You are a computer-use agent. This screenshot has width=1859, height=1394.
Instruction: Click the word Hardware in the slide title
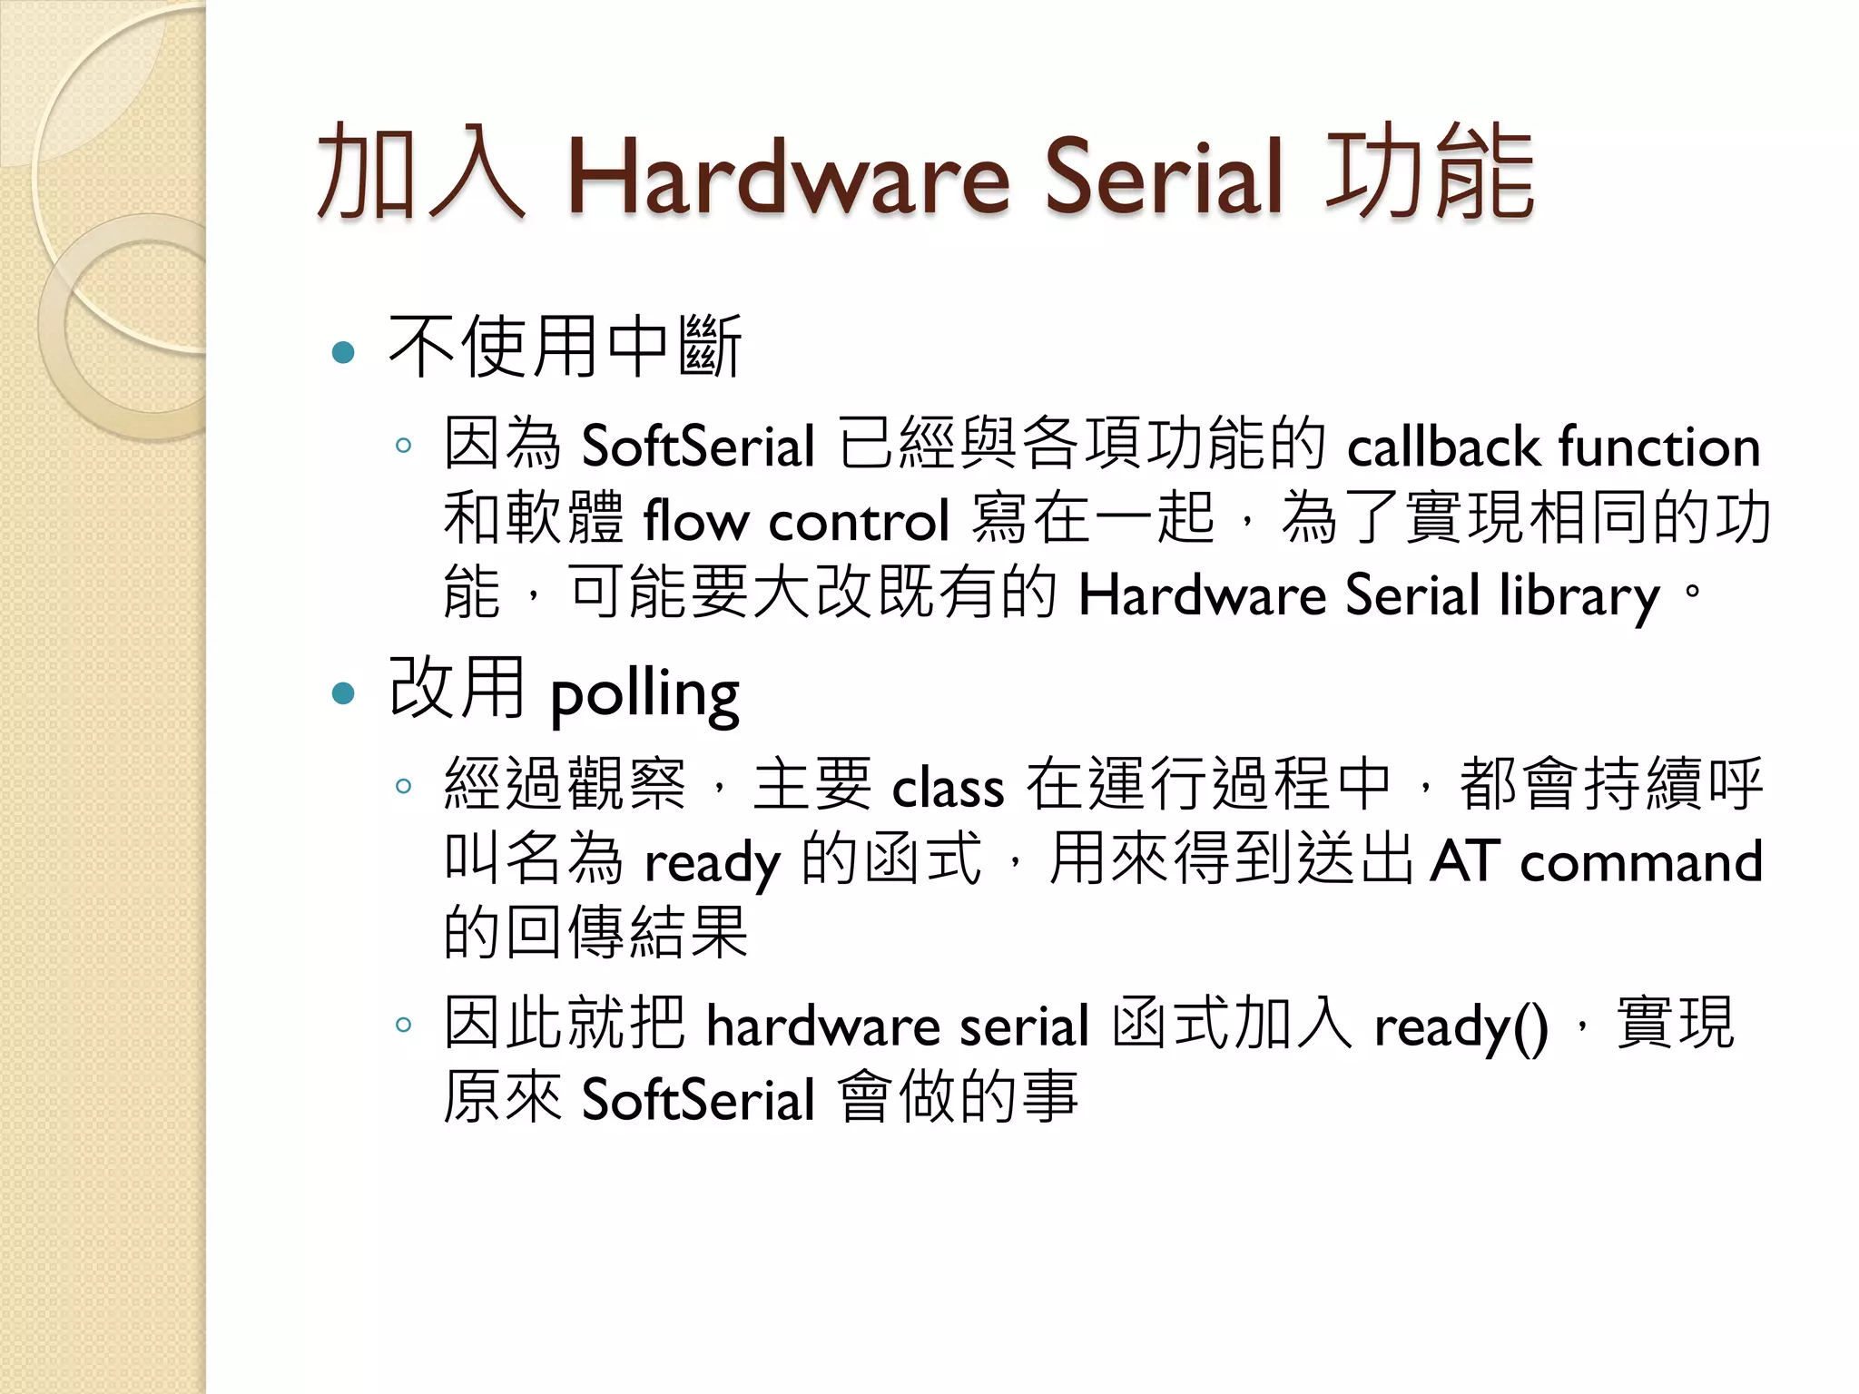(788, 177)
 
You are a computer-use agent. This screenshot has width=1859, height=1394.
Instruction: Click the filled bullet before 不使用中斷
(343, 352)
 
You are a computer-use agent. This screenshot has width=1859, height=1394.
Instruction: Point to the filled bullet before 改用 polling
(343, 694)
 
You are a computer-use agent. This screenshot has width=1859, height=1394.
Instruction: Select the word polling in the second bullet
(644, 696)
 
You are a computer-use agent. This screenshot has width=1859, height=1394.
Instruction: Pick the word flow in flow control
(695, 522)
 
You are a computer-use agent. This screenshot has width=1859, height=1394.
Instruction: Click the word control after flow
(859, 522)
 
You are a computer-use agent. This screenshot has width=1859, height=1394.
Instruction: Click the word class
(948, 788)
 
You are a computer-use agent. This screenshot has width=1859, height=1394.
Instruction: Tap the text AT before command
(1464, 861)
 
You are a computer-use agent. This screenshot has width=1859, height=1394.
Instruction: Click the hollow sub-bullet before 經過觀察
(404, 786)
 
